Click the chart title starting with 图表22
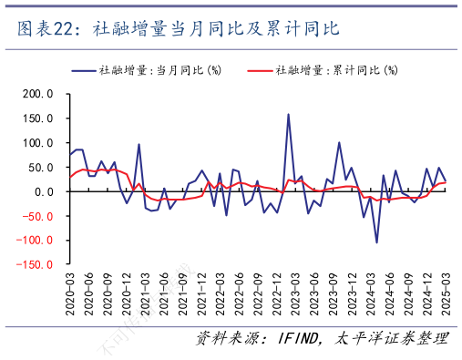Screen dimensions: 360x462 click(179, 29)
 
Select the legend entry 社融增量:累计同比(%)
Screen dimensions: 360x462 click(334, 69)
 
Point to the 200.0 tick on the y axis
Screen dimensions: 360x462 click(37, 94)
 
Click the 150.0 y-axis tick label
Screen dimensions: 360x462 click(37, 118)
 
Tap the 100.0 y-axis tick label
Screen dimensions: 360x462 click(37, 143)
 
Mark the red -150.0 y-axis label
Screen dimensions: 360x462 click(36, 265)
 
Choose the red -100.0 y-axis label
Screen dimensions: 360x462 click(36, 242)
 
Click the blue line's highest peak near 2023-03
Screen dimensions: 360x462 click(289, 114)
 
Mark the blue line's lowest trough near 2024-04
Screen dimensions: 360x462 click(376, 242)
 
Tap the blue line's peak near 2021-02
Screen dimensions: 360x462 click(139, 144)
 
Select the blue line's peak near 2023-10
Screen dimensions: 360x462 click(339, 142)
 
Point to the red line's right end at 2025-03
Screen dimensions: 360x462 click(446, 182)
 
